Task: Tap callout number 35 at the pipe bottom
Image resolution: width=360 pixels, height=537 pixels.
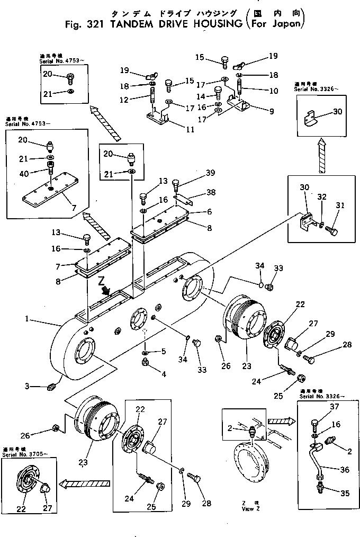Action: coord(346,494)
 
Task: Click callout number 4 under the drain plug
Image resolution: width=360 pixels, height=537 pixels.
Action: coord(164,374)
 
